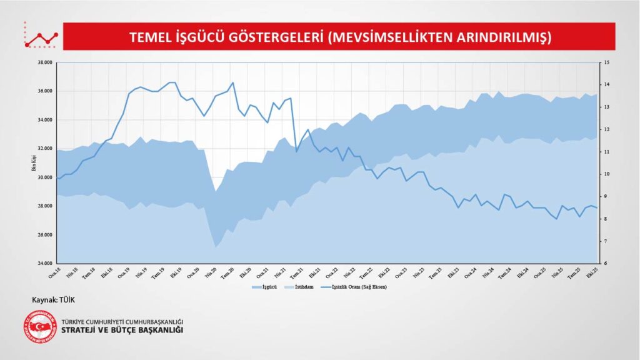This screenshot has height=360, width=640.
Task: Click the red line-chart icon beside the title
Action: [x=41, y=36]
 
